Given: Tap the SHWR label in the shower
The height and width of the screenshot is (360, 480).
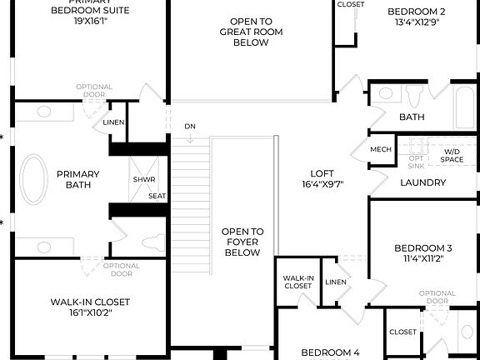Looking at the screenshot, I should tap(138, 179).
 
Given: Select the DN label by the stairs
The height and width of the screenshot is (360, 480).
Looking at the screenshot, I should tap(190, 126).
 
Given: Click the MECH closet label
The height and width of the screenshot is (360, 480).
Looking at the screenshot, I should tap(381, 150).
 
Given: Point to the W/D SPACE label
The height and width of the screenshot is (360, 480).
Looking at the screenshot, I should tap(452, 154).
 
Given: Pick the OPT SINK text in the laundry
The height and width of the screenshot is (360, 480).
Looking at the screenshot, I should tap(416, 160).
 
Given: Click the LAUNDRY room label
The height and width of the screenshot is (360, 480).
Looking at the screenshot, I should tap(424, 182).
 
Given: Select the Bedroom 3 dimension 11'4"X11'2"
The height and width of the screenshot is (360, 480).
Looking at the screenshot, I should tap(422, 260).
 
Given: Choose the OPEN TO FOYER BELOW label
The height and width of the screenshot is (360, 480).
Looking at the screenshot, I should tap(242, 242).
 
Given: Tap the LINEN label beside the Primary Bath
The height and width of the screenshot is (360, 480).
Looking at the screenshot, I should tap(114, 122).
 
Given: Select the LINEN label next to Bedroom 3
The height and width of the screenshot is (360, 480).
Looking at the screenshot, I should tap(336, 282).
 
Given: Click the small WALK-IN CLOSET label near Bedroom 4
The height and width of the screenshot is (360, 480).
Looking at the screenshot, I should tap(297, 282).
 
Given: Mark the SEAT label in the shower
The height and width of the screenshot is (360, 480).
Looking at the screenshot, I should tap(157, 196).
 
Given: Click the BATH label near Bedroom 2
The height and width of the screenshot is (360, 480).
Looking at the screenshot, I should tap(412, 117).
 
